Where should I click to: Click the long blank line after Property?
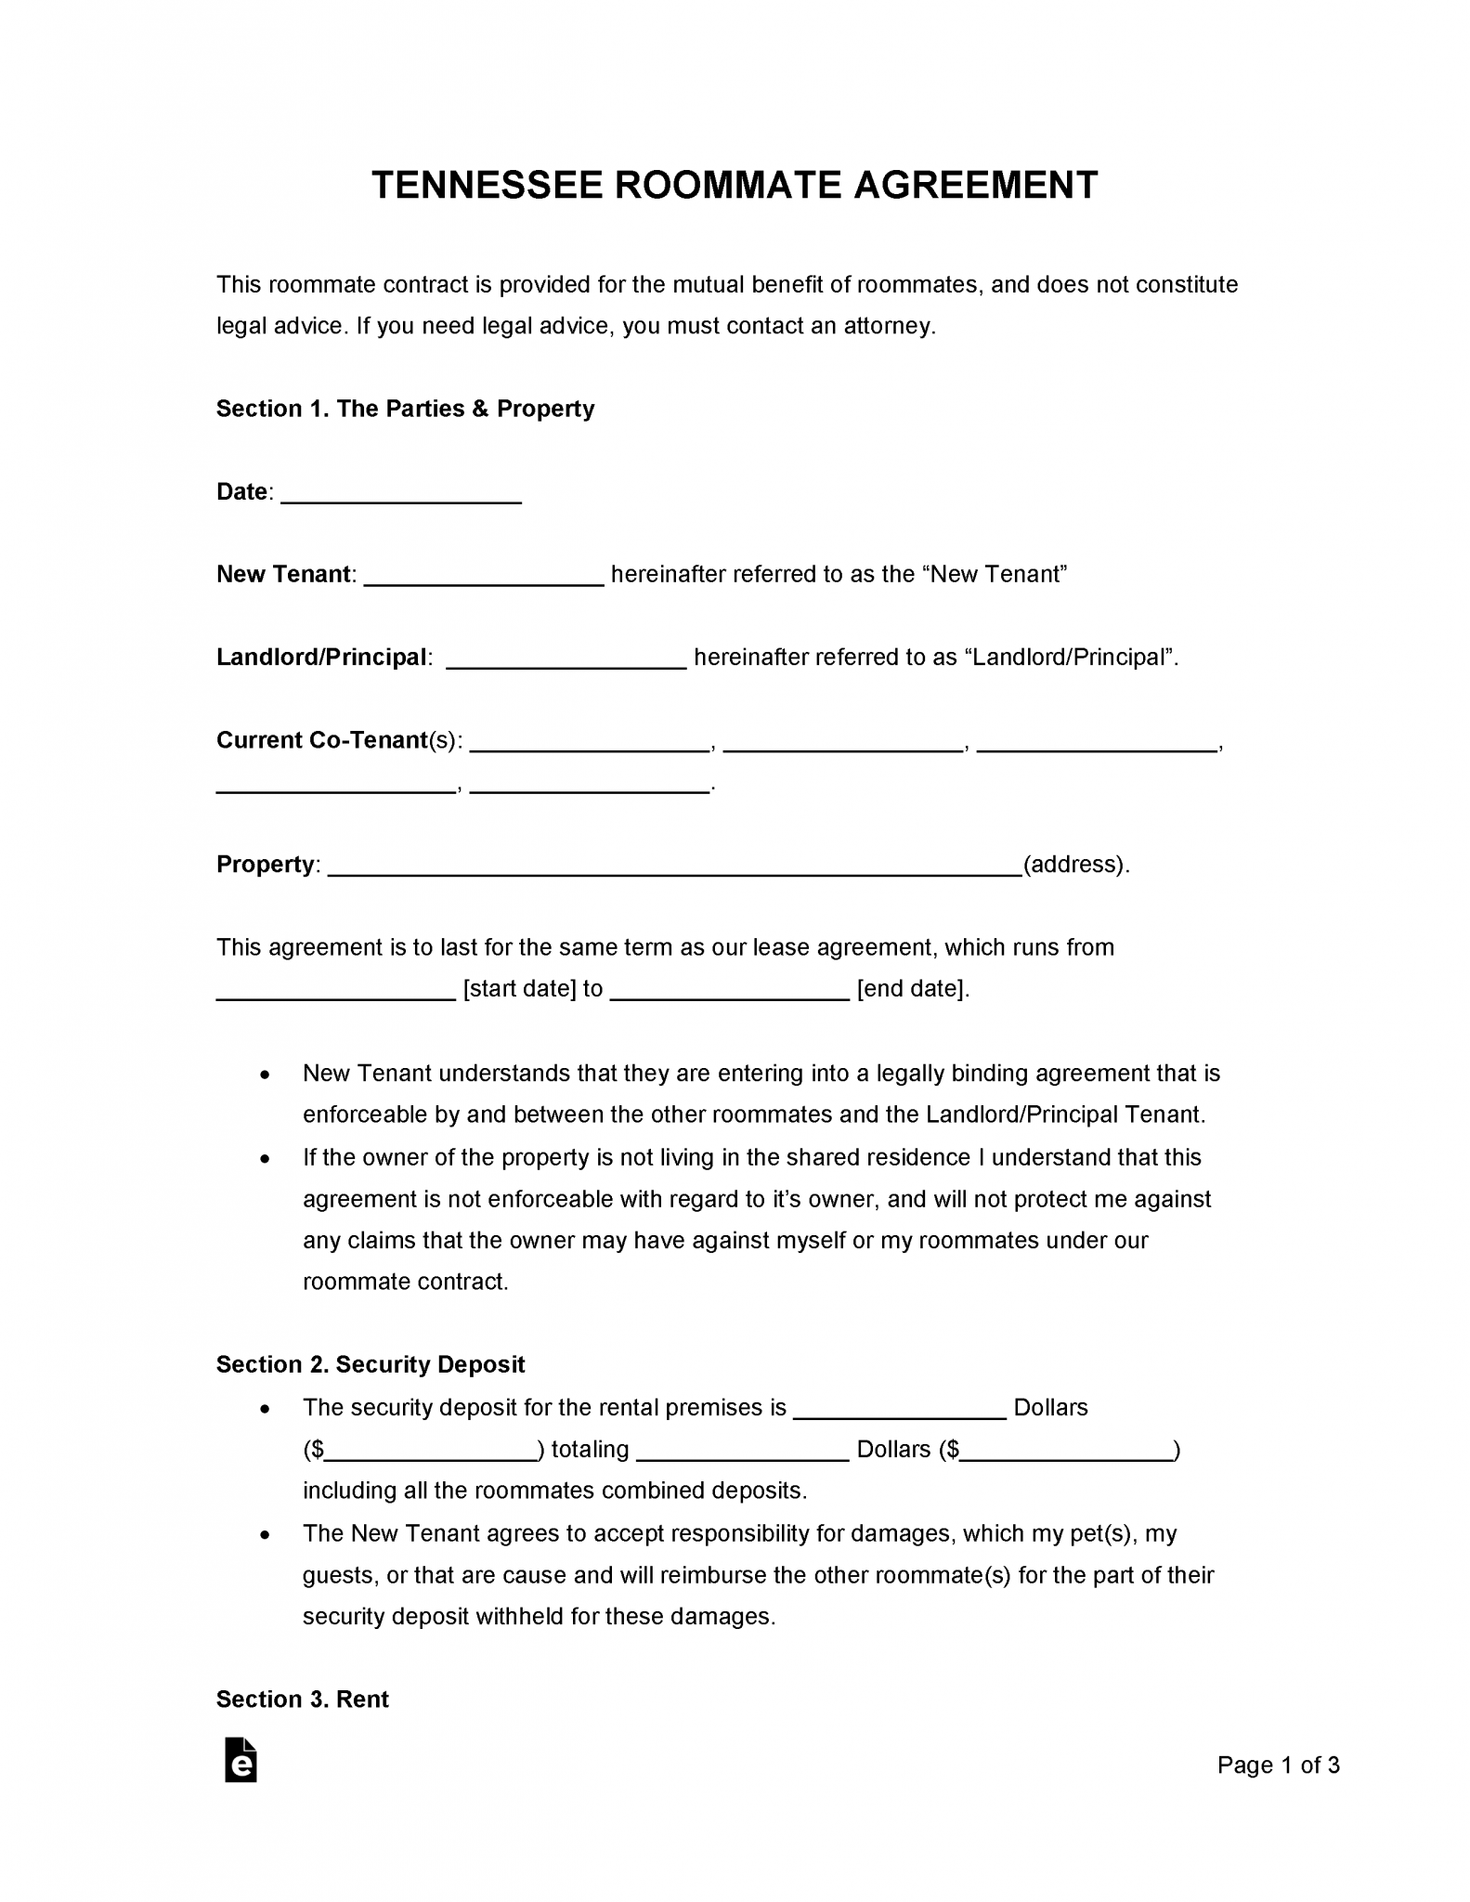point(675,867)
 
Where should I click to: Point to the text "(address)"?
point(1075,865)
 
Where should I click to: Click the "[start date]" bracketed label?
point(520,989)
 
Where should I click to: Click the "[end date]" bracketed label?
point(912,989)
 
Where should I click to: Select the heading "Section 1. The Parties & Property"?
point(405,409)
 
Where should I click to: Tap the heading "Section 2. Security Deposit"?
point(371,1364)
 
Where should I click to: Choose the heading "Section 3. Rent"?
point(302,1699)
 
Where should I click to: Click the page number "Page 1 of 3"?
point(1278,1765)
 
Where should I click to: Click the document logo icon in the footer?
point(241,1760)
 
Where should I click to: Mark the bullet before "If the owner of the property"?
point(266,1158)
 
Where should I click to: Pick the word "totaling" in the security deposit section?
point(590,1450)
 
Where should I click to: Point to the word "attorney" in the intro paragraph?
point(891,326)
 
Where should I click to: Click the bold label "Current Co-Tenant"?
point(321,740)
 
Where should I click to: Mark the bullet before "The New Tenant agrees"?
point(266,1534)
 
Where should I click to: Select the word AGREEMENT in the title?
point(975,186)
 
